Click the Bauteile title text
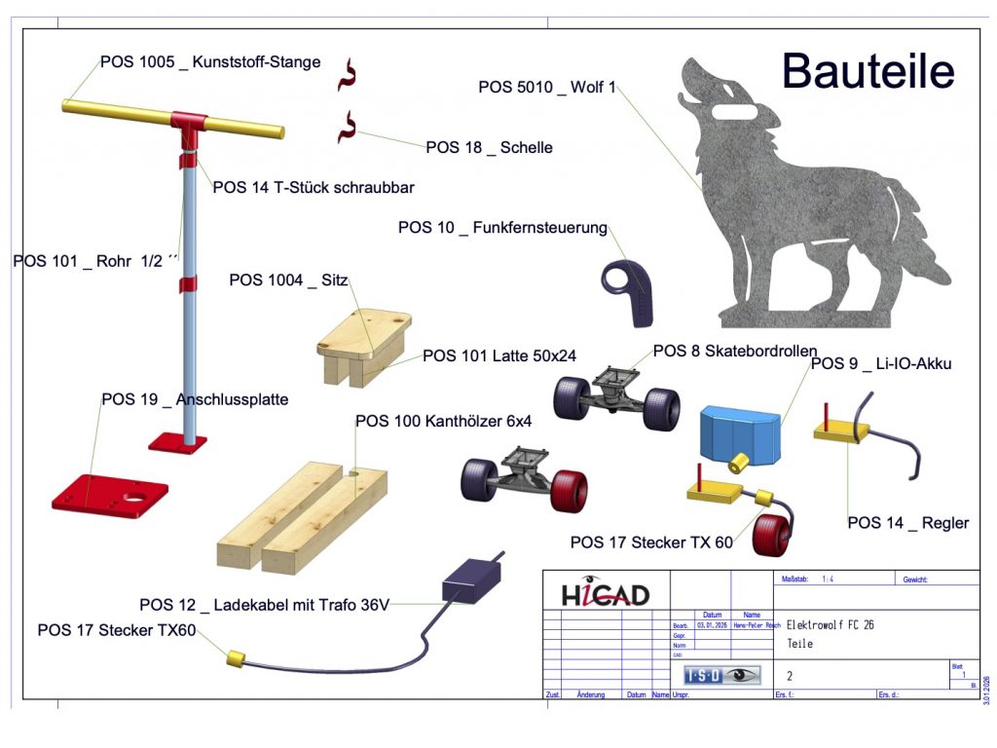pyautogui.click(x=868, y=71)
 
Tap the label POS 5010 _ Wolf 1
pyautogui.click(x=547, y=87)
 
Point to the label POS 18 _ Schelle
pyautogui.click(x=489, y=147)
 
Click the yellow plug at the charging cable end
pyautogui.click(x=234, y=658)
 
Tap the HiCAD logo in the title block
pyautogui.click(x=605, y=594)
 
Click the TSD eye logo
pyautogui.click(x=721, y=674)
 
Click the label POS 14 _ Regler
pyautogui.click(x=907, y=523)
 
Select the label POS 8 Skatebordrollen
pyautogui.click(x=734, y=351)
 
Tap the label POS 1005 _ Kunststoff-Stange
pyautogui.click(x=210, y=61)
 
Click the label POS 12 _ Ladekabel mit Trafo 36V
pyautogui.click(x=264, y=605)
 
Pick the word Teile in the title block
pyautogui.click(x=799, y=644)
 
